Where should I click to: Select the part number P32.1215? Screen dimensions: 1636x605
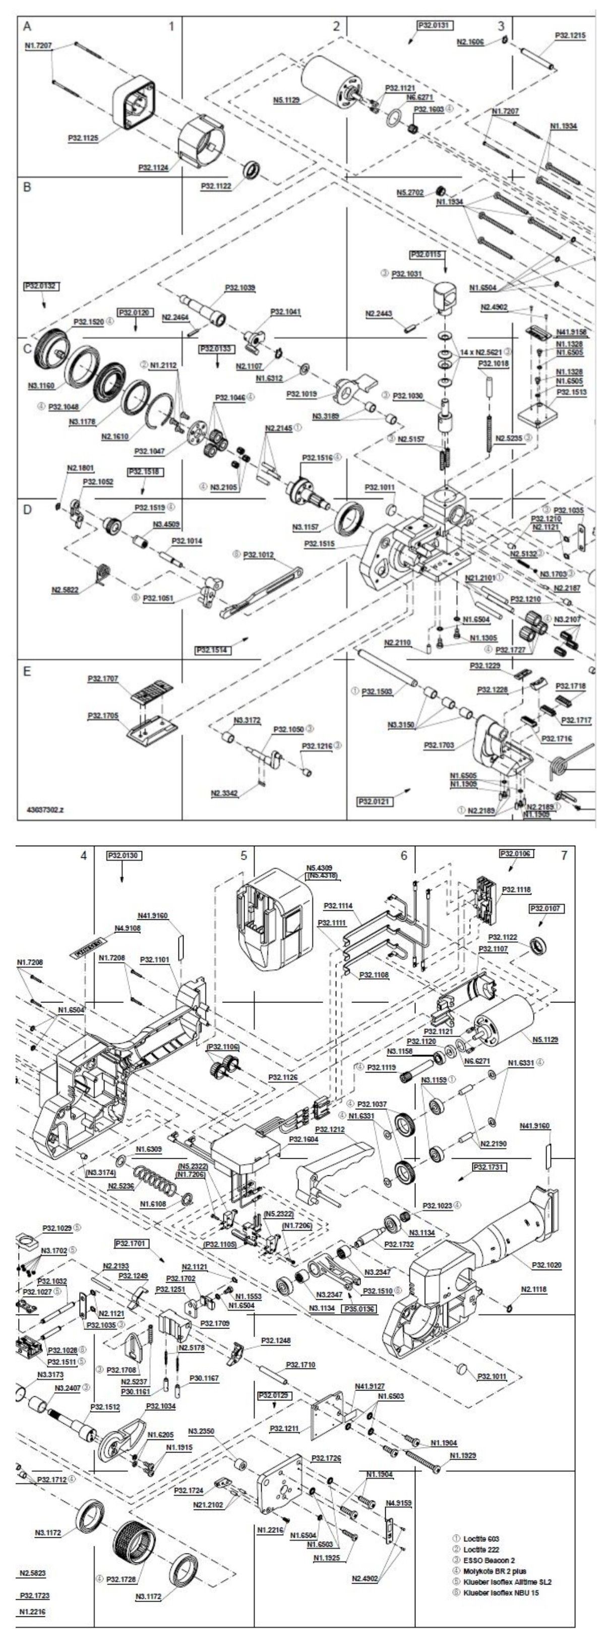[x=570, y=36]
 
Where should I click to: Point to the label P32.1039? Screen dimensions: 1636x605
[x=240, y=288]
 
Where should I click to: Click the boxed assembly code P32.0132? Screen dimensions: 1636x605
[x=40, y=286]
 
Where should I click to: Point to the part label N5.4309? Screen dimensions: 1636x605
[x=319, y=867]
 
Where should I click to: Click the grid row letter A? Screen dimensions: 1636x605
[x=27, y=26]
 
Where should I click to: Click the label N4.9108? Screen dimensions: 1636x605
[x=127, y=928]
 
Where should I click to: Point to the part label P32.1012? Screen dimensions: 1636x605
[x=259, y=555]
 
